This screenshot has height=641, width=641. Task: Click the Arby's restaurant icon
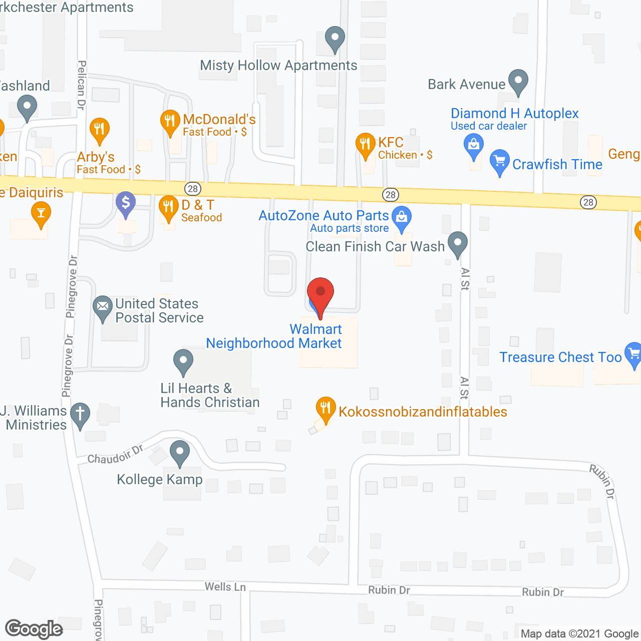99,129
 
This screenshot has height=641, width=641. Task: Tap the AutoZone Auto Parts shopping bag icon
401,217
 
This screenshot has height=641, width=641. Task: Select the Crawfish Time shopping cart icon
499,161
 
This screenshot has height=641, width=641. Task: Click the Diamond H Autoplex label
514,114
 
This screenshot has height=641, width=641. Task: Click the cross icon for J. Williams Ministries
80,415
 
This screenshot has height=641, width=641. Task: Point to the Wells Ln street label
225,586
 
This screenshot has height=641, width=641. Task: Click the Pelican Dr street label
82,85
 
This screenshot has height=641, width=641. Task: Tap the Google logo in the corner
34,629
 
